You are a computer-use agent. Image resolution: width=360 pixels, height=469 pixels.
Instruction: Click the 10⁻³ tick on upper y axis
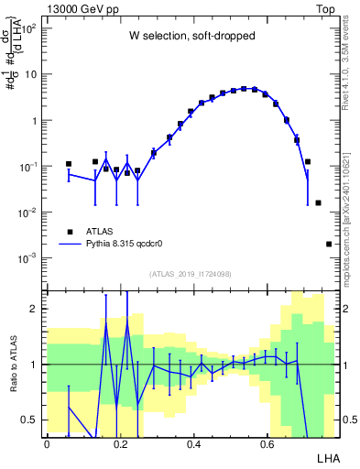click(x=32, y=258)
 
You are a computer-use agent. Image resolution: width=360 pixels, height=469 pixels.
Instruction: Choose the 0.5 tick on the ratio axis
click(x=34, y=420)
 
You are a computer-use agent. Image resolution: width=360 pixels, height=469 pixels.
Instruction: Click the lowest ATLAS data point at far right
click(x=329, y=244)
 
